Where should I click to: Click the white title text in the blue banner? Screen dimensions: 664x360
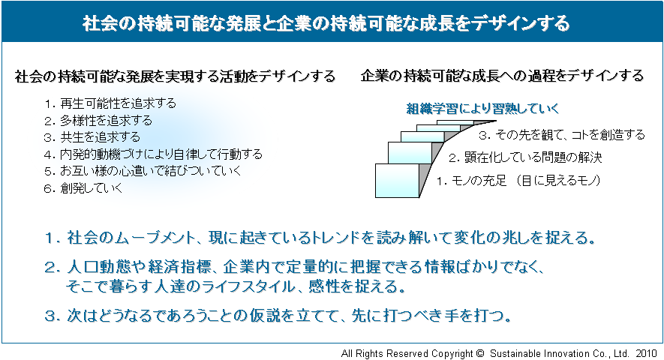point(326,23)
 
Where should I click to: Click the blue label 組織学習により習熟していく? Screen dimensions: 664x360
point(482,109)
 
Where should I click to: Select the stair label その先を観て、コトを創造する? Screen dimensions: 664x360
point(561,135)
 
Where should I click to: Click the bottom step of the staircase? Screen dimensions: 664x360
point(397,181)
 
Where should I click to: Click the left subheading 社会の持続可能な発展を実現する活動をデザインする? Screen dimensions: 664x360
point(176,76)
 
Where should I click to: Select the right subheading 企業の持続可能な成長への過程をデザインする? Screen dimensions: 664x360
point(502,76)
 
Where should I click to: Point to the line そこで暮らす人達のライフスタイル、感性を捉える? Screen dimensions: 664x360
point(236,287)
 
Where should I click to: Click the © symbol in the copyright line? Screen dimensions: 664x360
point(479,353)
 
